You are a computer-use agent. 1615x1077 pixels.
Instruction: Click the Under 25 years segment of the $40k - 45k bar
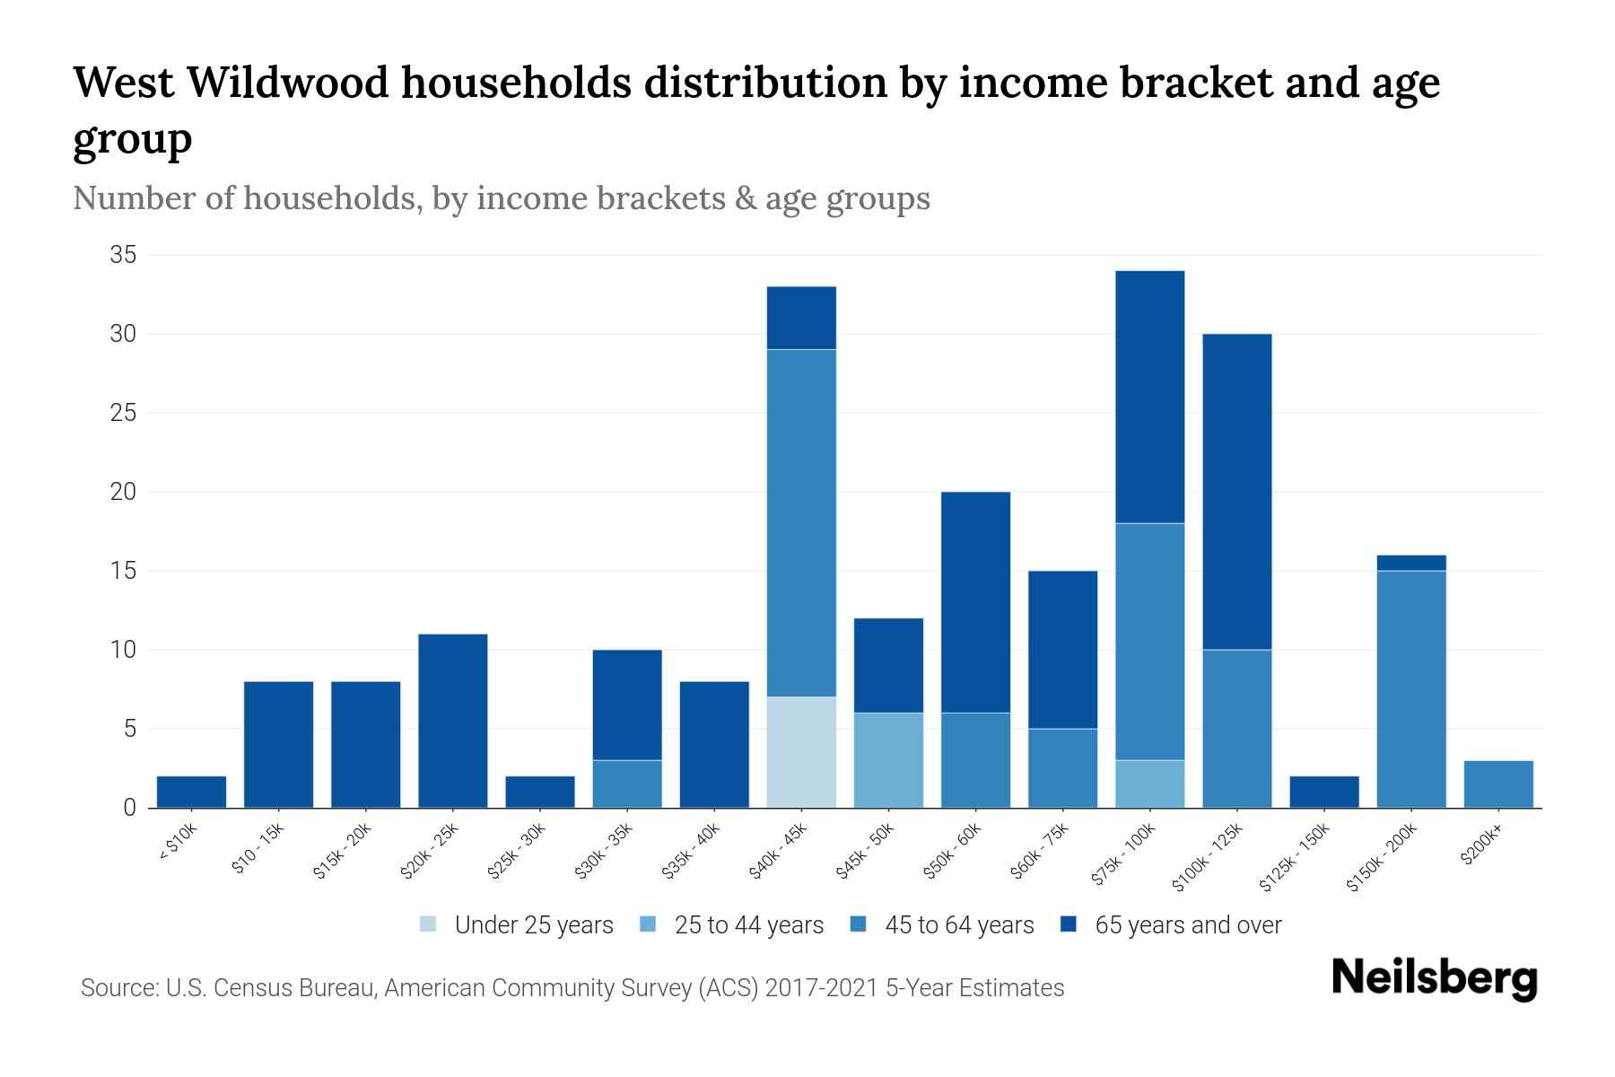pos(801,752)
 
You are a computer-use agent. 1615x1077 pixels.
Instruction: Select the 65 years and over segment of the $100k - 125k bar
pos(1237,492)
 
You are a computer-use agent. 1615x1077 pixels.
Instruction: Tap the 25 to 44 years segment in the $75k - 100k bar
pos(1150,784)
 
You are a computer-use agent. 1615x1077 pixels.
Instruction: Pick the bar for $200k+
pos(1498,784)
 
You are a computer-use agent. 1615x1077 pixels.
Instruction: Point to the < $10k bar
pos(191,792)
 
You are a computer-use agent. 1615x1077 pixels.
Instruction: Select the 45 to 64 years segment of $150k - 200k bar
pos(1411,688)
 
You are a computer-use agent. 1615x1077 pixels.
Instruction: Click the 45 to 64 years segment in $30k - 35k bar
pos(627,784)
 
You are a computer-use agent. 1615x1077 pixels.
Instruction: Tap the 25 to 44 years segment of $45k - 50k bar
pos(888,760)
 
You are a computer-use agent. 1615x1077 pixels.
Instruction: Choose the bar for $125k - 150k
pos(1324,792)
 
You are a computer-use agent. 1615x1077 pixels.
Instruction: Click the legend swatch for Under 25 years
pos(429,924)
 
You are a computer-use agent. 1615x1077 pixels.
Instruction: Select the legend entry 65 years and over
pos(1188,924)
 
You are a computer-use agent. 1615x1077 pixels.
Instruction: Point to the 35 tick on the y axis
pos(123,255)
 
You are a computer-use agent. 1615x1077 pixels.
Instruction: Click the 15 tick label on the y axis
pos(123,571)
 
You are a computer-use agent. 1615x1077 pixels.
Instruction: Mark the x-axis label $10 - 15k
pos(258,849)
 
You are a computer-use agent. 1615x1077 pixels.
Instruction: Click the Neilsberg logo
pos(1434,978)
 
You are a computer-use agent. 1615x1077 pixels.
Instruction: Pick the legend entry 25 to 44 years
pos(748,924)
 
